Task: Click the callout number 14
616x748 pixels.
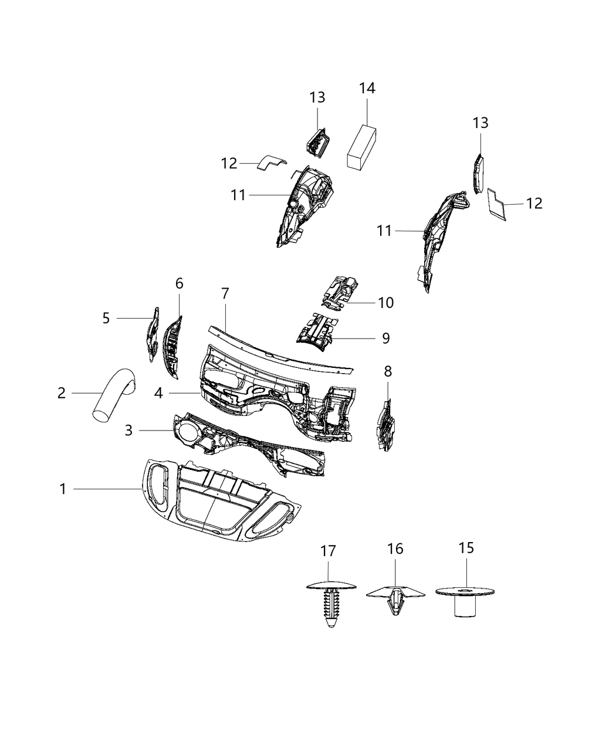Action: click(367, 88)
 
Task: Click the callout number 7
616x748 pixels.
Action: click(225, 294)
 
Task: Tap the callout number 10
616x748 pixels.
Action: click(385, 303)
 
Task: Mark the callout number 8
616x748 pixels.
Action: click(388, 371)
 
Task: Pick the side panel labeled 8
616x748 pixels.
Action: click(385, 425)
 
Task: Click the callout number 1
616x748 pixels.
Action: click(63, 489)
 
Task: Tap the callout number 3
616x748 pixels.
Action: click(128, 431)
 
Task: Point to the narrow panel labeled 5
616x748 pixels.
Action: click(152, 335)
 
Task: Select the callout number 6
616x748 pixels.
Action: click(179, 284)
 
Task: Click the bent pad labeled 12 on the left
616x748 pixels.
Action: click(269, 163)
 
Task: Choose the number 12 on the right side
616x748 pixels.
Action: click(534, 204)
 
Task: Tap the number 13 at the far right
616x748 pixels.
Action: click(480, 123)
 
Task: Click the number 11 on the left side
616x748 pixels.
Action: click(238, 195)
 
